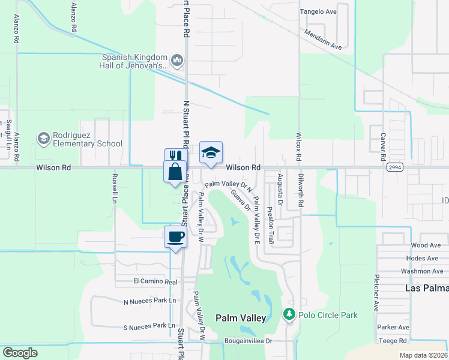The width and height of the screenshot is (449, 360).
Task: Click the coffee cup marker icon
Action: [175, 236]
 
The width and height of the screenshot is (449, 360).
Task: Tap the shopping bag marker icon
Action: [175, 172]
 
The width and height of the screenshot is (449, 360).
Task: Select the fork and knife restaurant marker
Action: [173, 155]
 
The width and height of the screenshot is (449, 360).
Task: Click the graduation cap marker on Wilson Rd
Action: [211, 152]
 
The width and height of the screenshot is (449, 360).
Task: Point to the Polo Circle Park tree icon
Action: [289, 314]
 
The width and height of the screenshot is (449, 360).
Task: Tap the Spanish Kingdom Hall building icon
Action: [177, 60]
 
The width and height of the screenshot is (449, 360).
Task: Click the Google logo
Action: [20, 353]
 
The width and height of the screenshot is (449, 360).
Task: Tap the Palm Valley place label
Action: [240, 319]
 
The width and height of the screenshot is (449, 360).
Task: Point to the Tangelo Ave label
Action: [318, 11]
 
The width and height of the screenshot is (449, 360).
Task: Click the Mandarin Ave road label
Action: [323, 40]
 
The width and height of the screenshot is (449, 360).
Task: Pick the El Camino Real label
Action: [155, 281]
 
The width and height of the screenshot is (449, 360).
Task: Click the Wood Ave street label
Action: [426, 245]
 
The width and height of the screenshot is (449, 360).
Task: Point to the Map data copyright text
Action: [422, 355]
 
